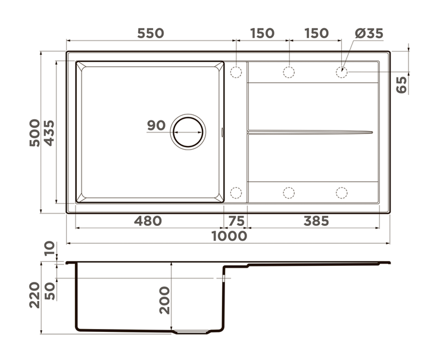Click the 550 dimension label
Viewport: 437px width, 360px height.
point(151,33)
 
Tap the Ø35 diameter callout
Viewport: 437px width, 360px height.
point(369,33)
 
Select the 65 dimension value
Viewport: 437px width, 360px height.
point(402,85)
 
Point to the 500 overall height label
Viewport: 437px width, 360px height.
point(35,133)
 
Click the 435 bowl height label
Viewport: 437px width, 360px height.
point(49,133)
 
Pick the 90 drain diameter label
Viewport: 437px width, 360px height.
point(156,125)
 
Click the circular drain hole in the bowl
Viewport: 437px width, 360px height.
point(188,132)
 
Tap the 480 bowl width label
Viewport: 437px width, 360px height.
point(148,221)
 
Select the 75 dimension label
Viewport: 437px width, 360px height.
point(236,221)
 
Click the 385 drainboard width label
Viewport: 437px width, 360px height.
point(316,221)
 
